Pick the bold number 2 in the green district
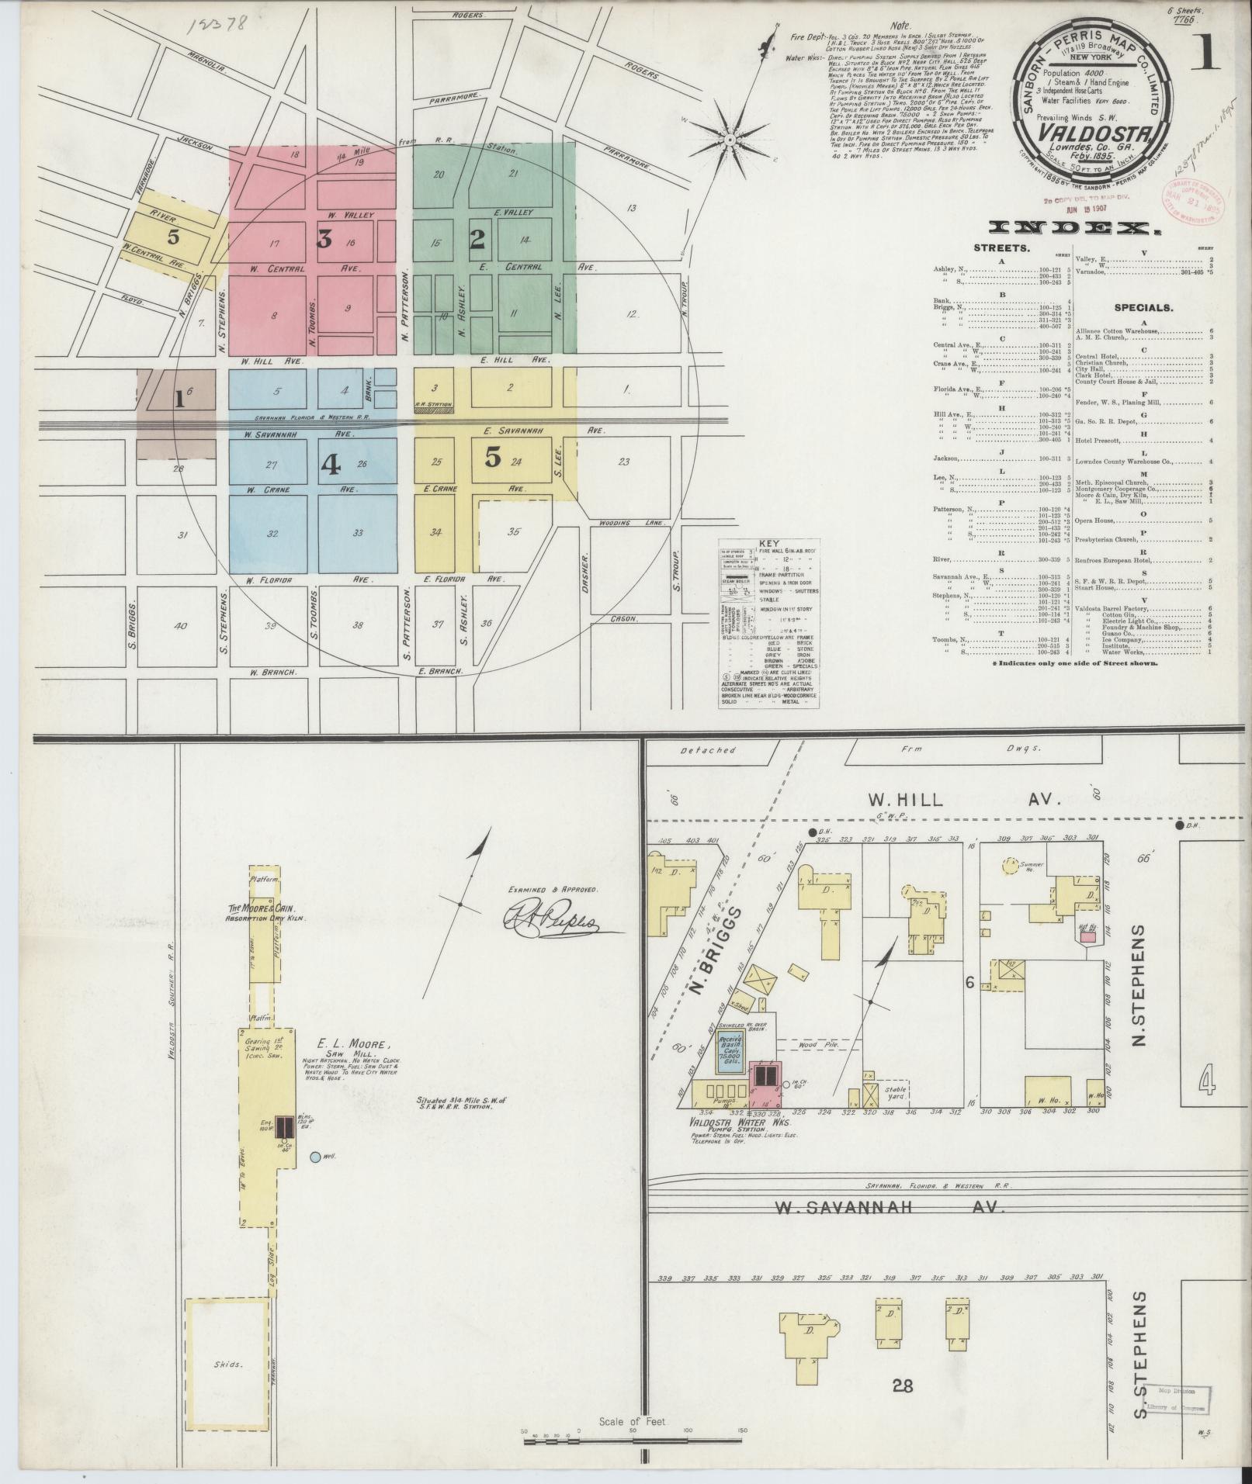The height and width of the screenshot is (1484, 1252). [477, 239]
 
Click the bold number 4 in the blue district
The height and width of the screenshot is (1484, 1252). [331, 464]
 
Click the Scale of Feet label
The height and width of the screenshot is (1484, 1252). [633, 1423]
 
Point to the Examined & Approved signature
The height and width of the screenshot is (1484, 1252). [559, 922]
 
